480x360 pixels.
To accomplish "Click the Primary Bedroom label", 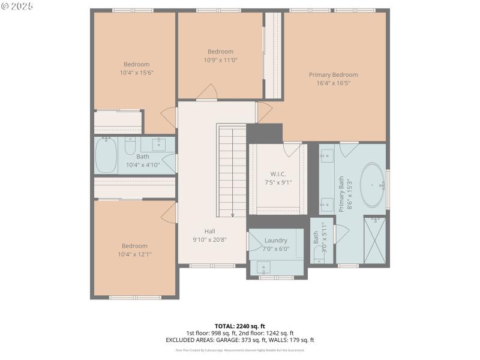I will (333, 75).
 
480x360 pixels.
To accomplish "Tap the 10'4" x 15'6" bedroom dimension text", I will (136, 73).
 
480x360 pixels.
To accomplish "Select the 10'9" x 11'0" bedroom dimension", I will (220, 60).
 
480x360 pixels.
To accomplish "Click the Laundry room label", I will (276, 241).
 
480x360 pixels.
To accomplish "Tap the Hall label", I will (209, 231).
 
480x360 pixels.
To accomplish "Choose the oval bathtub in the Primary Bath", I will (373, 185).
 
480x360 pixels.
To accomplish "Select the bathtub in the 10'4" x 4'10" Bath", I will (106, 155).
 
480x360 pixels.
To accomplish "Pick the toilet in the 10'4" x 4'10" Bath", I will (130, 146).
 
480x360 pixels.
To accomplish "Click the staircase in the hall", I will (232, 171).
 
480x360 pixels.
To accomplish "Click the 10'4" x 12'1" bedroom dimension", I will (134, 254).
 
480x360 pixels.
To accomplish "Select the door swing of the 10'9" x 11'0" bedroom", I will (208, 92).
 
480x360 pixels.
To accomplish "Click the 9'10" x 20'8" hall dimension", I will (209, 239).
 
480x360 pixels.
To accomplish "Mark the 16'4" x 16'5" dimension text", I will (333, 83).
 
